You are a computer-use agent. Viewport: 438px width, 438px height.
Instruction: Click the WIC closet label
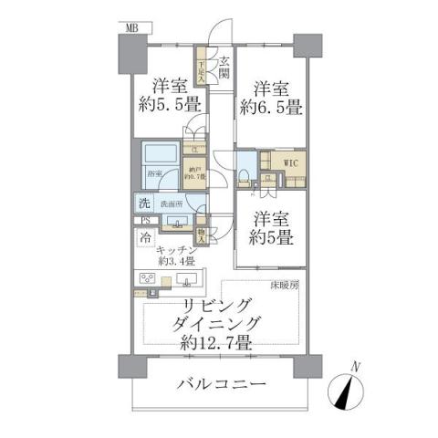tap(291, 163)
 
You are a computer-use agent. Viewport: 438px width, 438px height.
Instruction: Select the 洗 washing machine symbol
tap(144, 203)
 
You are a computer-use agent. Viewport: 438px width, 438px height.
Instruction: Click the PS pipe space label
tap(144, 221)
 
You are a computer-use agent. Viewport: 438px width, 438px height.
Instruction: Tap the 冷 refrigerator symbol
tap(146, 236)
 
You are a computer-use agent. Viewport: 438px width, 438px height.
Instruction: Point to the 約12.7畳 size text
tap(217, 345)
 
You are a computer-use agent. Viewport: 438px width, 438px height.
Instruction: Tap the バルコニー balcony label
tap(221, 385)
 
